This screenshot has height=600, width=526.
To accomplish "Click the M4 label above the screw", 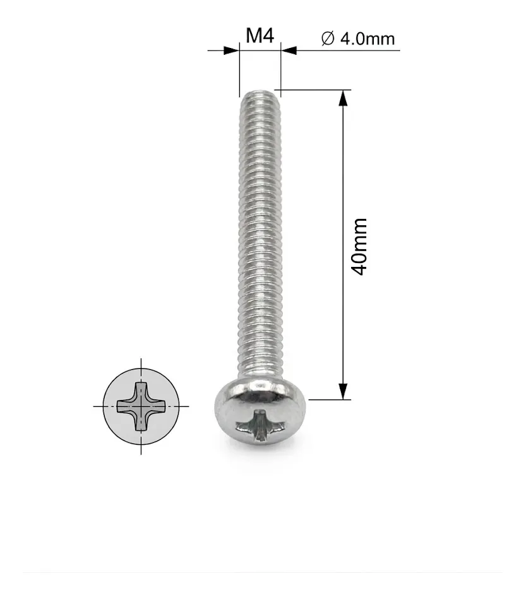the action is pyautogui.click(x=260, y=36).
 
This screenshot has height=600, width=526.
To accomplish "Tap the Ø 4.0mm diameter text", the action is pyautogui.click(x=358, y=38).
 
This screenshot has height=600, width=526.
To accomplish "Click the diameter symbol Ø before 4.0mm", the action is pyautogui.click(x=328, y=38).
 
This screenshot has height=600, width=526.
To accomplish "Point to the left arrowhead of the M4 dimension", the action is pyautogui.click(x=231, y=50).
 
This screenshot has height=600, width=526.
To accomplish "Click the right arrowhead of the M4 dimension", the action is pyautogui.click(x=289, y=50).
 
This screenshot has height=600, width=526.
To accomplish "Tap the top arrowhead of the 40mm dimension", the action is pyautogui.click(x=344, y=98).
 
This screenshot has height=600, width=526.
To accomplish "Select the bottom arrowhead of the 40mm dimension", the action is pyautogui.click(x=344, y=391).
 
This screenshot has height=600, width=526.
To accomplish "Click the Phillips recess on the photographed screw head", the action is pyautogui.click(x=261, y=425).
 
